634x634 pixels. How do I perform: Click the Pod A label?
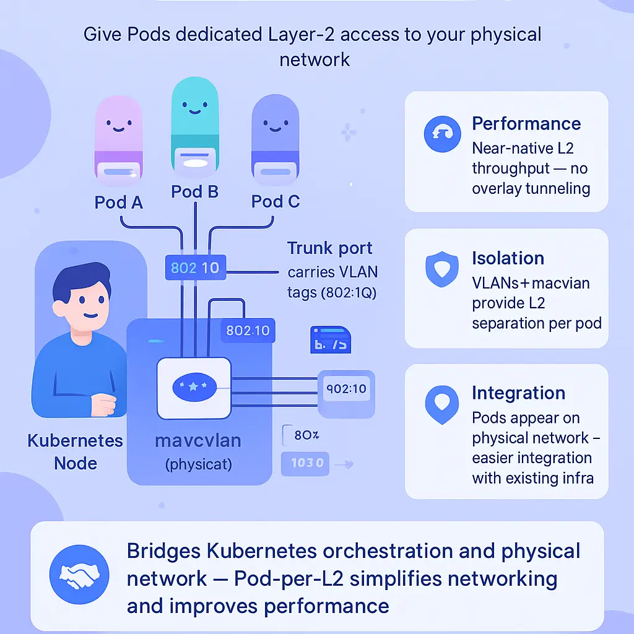coord(119,202)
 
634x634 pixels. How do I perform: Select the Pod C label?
coord(276,201)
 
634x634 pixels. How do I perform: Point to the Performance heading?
coord(526,123)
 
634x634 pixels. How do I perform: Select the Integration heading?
coord(518,393)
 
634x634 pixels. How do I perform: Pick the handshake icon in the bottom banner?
coord(79,575)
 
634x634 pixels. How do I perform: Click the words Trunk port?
coord(329,248)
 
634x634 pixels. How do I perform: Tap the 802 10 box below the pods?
coord(194,268)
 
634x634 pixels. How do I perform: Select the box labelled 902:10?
coord(345,389)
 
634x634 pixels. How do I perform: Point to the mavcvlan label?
coord(198,441)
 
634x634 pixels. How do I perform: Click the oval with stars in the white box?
coord(195,386)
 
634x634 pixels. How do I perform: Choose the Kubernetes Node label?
coord(75,452)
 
